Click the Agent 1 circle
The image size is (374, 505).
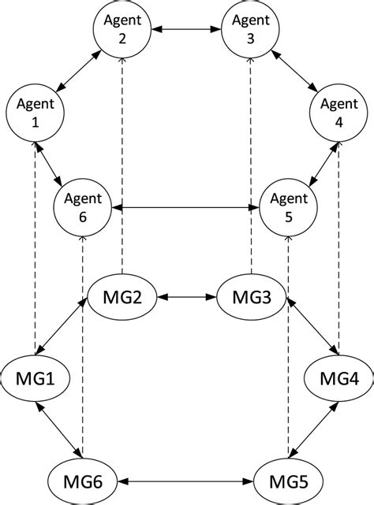(x=34, y=115)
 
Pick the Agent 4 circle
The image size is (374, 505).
(x=338, y=115)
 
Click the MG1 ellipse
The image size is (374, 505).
(x=34, y=379)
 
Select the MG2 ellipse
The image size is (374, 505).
(x=122, y=299)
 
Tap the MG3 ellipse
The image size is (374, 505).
(x=252, y=299)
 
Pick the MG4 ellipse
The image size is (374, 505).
(x=338, y=379)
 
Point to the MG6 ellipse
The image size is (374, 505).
(x=83, y=477)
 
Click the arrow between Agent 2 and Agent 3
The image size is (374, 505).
(x=187, y=30)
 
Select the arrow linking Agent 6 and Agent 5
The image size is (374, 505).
(x=187, y=209)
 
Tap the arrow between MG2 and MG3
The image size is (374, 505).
(x=187, y=299)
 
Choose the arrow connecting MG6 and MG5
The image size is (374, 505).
(x=187, y=477)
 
